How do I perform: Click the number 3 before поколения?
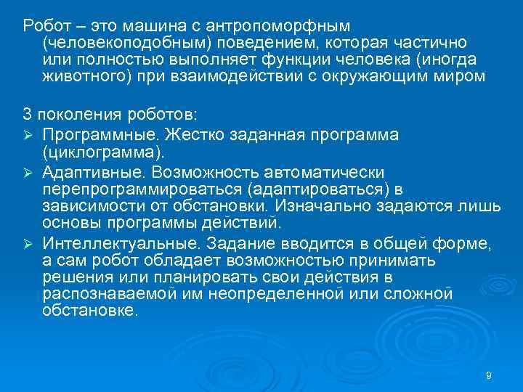[28, 115]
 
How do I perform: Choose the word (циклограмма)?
[104, 152]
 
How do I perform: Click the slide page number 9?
[488, 375]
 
